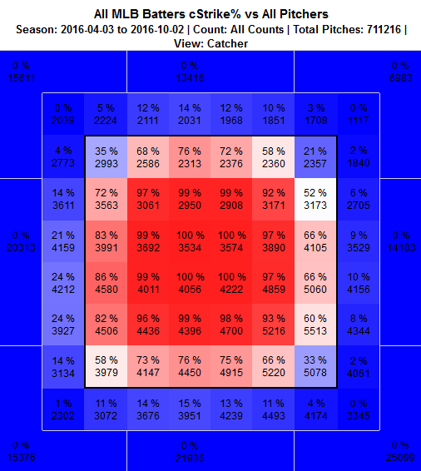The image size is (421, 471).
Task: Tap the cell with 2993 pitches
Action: click(x=106, y=157)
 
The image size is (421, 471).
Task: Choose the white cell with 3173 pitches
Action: click(x=315, y=199)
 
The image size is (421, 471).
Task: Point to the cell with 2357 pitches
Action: click(x=315, y=157)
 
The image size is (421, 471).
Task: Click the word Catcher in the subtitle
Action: click(x=228, y=43)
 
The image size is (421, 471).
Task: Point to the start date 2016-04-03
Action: click(x=92, y=29)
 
